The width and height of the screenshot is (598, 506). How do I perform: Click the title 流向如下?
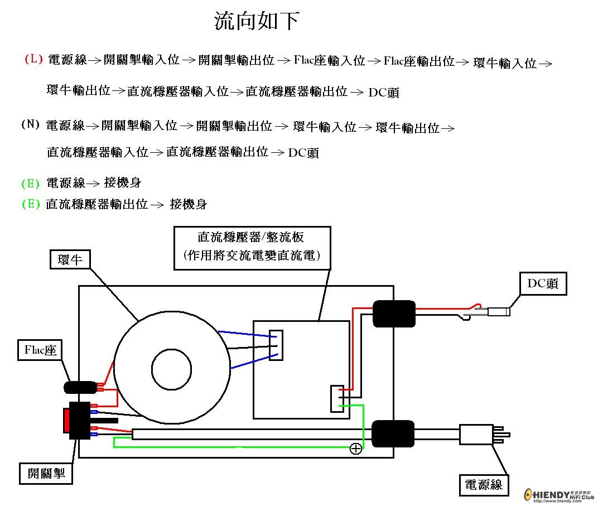coord(257,21)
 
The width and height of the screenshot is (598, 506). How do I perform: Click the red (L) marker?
coord(33,59)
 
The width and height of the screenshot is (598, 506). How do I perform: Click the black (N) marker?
coord(30,124)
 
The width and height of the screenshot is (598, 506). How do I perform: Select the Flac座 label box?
coord(41,351)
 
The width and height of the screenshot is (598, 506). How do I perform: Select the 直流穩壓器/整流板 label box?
coord(252,248)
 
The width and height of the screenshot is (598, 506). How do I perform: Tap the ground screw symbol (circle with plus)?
coord(355,449)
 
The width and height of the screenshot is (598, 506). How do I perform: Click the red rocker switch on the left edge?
coord(66,421)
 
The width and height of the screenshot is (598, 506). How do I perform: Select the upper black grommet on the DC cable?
coord(394,314)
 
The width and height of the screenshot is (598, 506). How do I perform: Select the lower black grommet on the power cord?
coord(393,433)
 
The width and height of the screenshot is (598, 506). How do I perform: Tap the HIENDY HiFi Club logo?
coord(559,494)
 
